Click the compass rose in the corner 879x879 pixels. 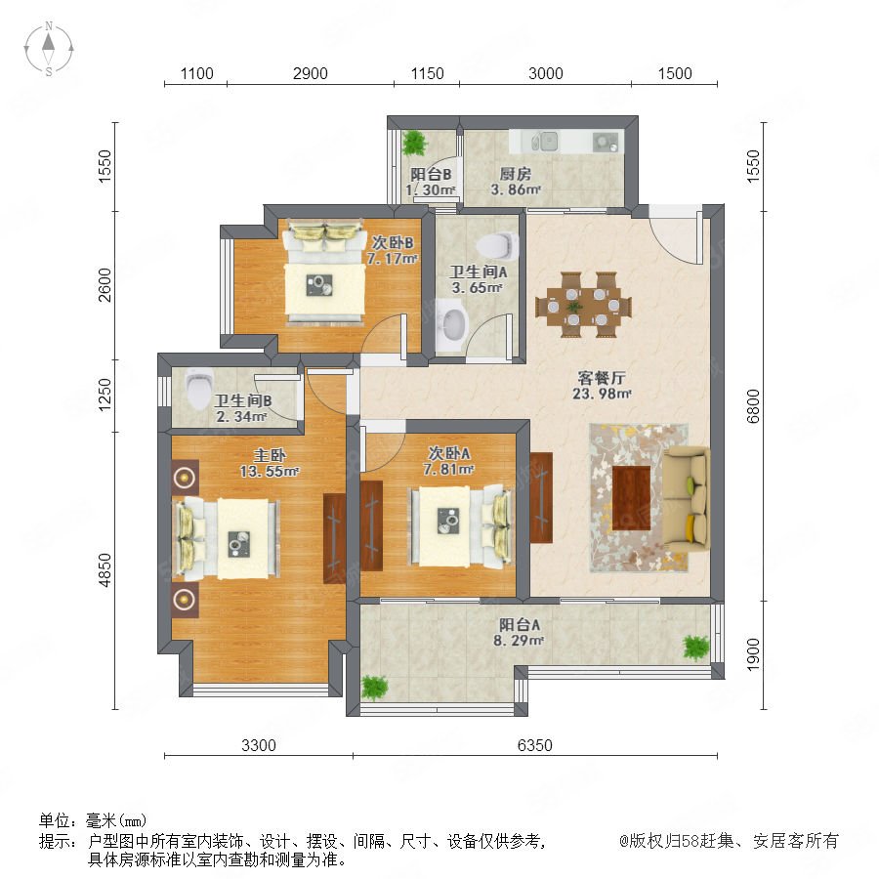[49, 49]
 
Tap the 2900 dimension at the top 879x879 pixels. [310, 73]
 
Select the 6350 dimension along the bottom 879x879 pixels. [534, 745]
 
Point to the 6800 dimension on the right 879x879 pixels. [753, 406]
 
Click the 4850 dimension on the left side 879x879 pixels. [105, 570]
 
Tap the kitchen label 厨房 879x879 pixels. [515, 174]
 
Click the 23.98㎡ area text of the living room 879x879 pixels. [602, 394]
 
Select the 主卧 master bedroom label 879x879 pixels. [270, 455]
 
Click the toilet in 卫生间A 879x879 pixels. [497, 245]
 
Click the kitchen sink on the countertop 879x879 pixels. [543, 142]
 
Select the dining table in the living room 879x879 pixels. [584, 306]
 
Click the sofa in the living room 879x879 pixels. [686, 499]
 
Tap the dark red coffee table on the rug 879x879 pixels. [631, 498]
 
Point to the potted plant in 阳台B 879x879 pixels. [414, 143]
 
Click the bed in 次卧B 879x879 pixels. [324, 273]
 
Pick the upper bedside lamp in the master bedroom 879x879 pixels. [185, 478]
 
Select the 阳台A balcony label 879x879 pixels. [520, 624]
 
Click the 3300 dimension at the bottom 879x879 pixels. [259, 745]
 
